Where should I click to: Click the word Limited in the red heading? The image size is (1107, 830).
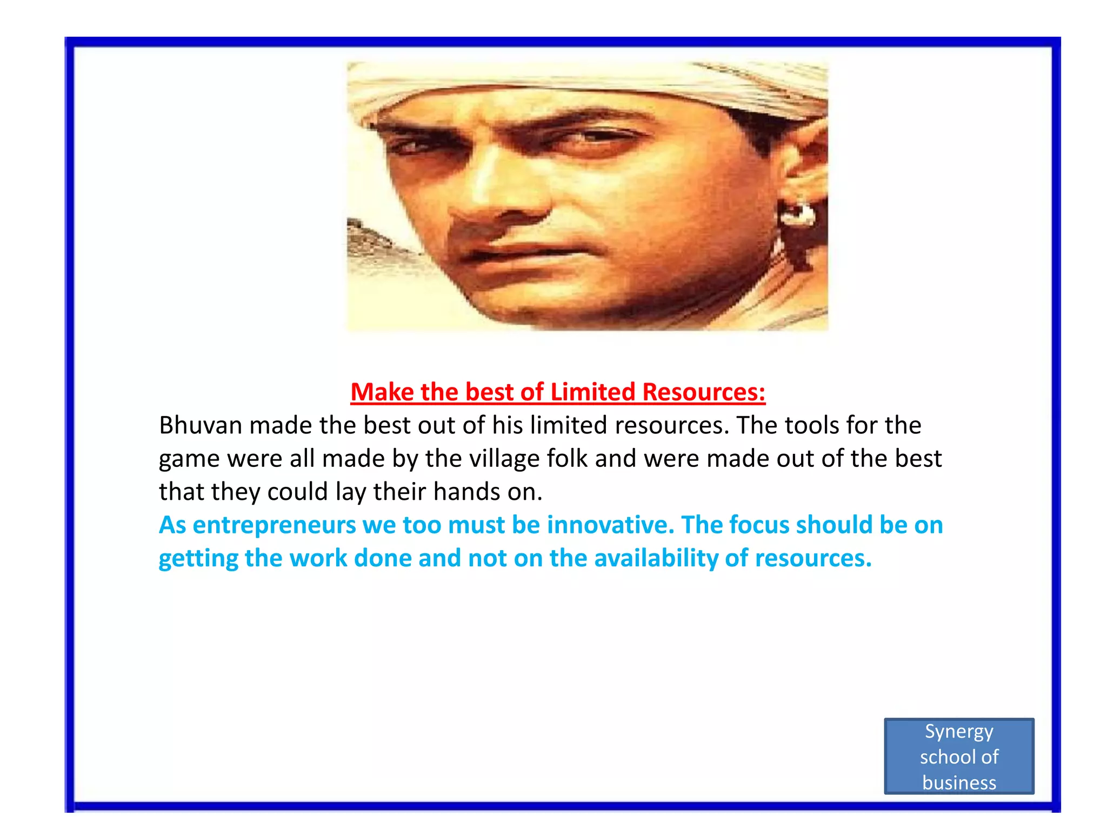(592, 392)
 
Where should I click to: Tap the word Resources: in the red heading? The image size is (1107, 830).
(704, 392)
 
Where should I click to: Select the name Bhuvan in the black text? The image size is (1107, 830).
(200, 425)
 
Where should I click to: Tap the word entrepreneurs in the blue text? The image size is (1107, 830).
(274, 525)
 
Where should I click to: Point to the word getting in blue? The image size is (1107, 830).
(198, 559)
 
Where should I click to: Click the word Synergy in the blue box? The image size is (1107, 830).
(959, 732)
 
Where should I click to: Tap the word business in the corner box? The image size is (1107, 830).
(959, 782)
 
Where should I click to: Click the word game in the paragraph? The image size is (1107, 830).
(189, 459)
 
